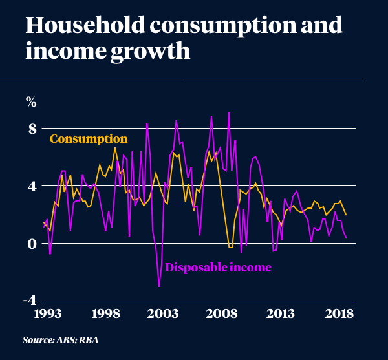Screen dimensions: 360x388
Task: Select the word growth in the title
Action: [147, 51]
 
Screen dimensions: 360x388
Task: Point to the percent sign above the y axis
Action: [31, 101]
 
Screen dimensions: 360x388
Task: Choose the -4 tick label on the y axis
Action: [30, 301]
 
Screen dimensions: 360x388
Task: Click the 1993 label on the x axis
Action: [47, 315]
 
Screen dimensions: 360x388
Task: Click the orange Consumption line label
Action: [89, 139]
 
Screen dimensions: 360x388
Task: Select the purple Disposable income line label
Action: [218, 266]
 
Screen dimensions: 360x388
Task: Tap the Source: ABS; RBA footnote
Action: [60, 340]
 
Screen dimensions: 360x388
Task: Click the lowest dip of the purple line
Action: [159, 286]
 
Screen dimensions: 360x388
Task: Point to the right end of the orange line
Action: [346, 215]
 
